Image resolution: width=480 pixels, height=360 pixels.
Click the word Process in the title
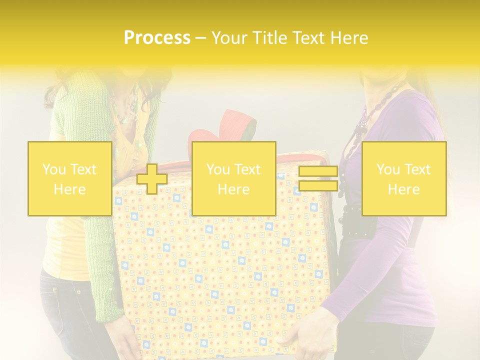tap(157, 38)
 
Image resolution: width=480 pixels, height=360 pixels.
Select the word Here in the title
tap(348, 38)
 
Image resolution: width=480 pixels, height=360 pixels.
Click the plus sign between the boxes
tap(152, 179)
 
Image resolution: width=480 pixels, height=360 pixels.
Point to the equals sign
tap(318, 179)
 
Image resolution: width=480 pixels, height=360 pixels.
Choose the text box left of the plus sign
tap(70, 178)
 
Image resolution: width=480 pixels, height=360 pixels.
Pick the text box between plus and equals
tap(233, 178)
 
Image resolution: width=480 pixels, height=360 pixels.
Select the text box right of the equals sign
tap(403, 178)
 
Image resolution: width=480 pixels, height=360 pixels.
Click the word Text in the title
tap(309, 38)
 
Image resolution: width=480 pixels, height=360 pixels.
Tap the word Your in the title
tap(229, 38)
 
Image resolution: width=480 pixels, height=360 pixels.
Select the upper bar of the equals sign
tap(318, 171)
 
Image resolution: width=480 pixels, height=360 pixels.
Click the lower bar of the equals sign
tap(318, 186)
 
